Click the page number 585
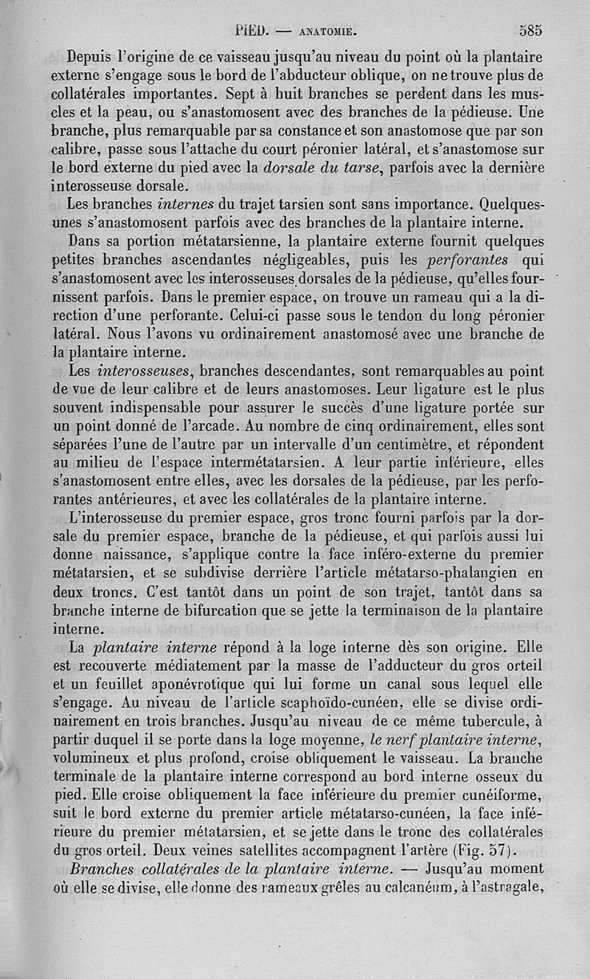click(x=530, y=31)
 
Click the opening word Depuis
click(x=95, y=55)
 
